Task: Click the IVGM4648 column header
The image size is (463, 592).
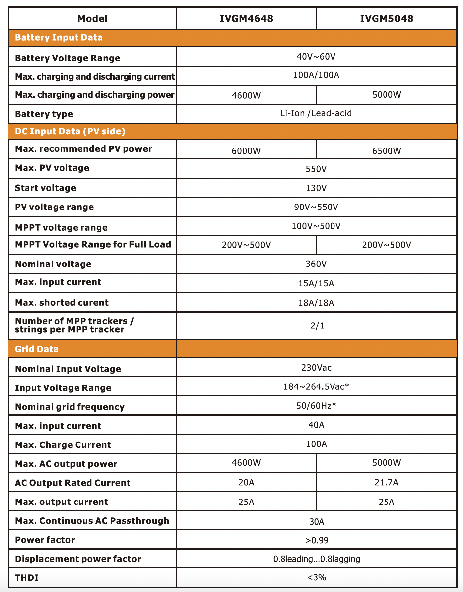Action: pyautogui.click(x=246, y=19)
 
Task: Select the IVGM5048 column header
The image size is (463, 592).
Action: pyautogui.click(x=386, y=19)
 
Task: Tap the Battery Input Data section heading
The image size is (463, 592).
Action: pyautogui.click(x=59, y=38)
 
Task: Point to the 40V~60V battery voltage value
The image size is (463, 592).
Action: pyautogui.click(x=316, y=57)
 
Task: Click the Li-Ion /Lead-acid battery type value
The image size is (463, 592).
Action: pyautogui.click(x=316, y=113)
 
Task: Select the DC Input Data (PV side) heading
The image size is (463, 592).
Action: pyautogui.click(x=70, y=132)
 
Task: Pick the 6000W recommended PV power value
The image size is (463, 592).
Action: pyautogui.click(x=246, y=151)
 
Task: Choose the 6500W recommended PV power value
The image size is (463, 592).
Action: pyautogui.click(x=386, y=151)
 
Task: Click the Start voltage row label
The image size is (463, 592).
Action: pyautogui.click(x=45, y=188)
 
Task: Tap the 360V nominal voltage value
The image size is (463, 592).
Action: pyautogui.click(x=316, y=264)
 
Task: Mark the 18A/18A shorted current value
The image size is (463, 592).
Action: pyautogui.click(x=316, y=303)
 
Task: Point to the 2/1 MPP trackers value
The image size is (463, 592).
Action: pyautogui.click(x=317, y=326)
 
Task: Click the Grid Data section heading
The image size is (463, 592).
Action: pyautogui.click(x=37, y=349)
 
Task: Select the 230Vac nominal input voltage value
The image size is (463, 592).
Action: pyautogui.click(x=316, y=368)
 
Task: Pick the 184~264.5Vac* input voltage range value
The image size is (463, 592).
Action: pyautogui.click(x=316, y=387)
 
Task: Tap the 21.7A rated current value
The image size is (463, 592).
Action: pyautogui.click(x=386, y=482)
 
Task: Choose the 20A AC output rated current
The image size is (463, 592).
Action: pyautogui.click(x=246, y=482)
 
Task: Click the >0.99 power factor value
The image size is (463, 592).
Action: pyautogui.click(x=317, y=541)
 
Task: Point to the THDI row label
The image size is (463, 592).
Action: pyautogui.click(x=27, y=578)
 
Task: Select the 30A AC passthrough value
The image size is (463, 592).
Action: pyautogui.click(x=317, y=522)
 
